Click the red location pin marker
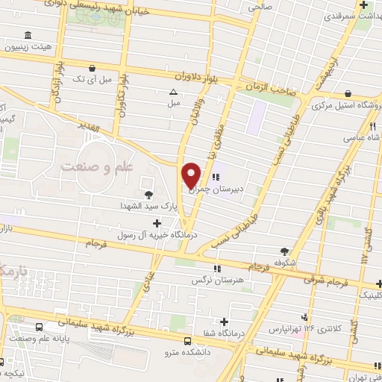(192, 174)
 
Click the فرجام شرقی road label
(327, 280)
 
